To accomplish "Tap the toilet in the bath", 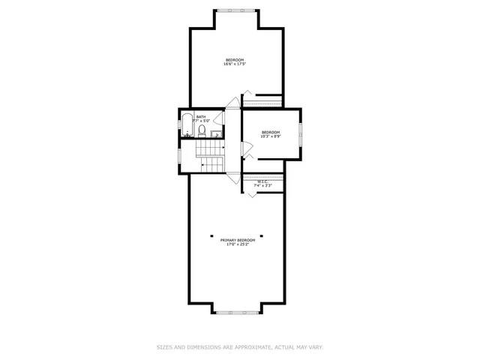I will coord(202,131).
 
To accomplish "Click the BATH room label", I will coord(201,117).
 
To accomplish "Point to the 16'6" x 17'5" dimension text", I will coord(235,64).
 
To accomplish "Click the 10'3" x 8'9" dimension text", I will coord(270,136).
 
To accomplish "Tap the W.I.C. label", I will coord(262,181).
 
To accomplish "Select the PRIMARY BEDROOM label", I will coord(238,240).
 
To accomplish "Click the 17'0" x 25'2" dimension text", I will coord(238,245).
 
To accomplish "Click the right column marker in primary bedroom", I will coord(263,235).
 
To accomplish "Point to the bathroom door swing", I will coord(219,118).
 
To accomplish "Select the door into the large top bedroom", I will coord(234,103).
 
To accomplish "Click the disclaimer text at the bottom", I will coord(239,347).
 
